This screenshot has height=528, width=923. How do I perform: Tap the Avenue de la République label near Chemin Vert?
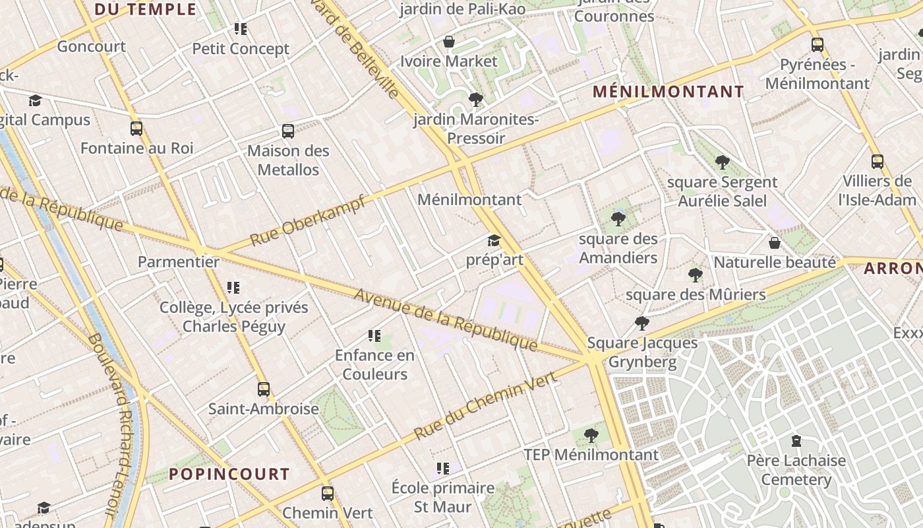click(446, 319)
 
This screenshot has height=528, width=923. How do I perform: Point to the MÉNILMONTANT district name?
click(669, 92)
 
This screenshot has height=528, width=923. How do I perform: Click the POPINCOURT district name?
click(229, 474)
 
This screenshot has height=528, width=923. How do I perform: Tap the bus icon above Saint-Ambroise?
click(264, 389)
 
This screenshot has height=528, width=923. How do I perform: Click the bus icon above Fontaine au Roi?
click(136, 129)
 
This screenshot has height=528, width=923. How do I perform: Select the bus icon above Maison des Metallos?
click(288, 131)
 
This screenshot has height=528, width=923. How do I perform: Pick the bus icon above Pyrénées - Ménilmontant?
click(818, 45)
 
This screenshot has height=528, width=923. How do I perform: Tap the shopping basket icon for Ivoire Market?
click(449, 42)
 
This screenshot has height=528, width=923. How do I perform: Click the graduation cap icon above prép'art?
click(494, 240)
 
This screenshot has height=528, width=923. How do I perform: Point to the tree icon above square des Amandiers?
click(618, 219)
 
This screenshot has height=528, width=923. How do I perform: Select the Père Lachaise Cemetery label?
click(796, 470)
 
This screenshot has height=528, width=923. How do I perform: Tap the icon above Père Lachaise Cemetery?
click(796, 441)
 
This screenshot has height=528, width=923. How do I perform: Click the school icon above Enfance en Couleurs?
click(374, 336)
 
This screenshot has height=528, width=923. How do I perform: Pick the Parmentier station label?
click(178, 262)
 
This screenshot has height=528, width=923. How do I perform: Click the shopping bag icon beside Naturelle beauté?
click(775, 243)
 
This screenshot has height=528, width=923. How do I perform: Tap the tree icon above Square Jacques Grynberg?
click(641, 323)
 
